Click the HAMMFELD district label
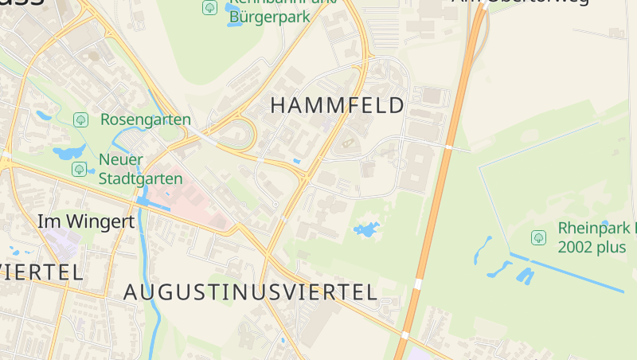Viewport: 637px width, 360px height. point(338,105)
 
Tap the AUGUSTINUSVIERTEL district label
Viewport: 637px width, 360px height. point(250,292)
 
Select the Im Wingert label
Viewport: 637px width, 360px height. point(86,221)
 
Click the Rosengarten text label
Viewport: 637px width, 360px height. point(145,120)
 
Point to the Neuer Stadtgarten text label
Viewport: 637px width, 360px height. point(140,169)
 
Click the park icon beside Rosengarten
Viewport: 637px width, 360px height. point(80,120)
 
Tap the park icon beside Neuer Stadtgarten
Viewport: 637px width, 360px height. point(79,169)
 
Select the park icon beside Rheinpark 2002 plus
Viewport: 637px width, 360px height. point(538,237)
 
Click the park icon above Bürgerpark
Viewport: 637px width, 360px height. point(209,8)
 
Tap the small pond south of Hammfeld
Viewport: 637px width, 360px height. point(367,230)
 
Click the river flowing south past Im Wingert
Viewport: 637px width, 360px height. point(146,263)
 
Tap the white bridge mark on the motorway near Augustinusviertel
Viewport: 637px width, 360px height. point(417,284)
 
